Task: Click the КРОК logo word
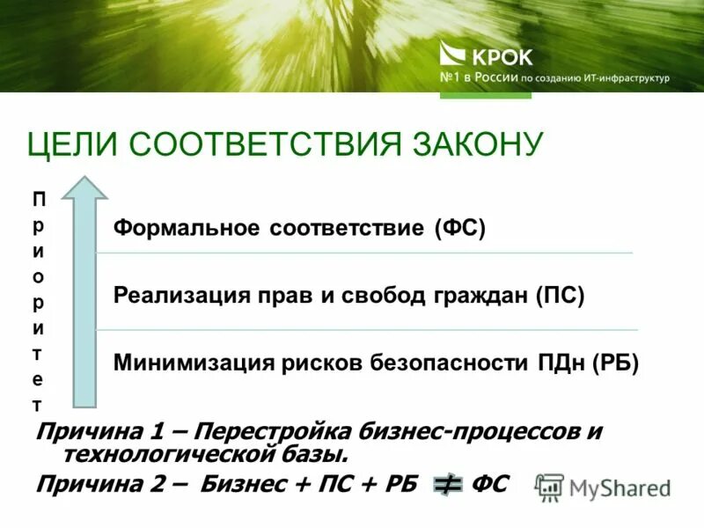(503, 58)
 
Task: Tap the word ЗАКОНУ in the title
(475, 144)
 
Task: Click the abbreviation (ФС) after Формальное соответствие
(459, 229)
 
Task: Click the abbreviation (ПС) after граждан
(560, 295)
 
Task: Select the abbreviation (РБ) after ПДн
(614, 362)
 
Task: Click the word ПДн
(561, 362)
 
